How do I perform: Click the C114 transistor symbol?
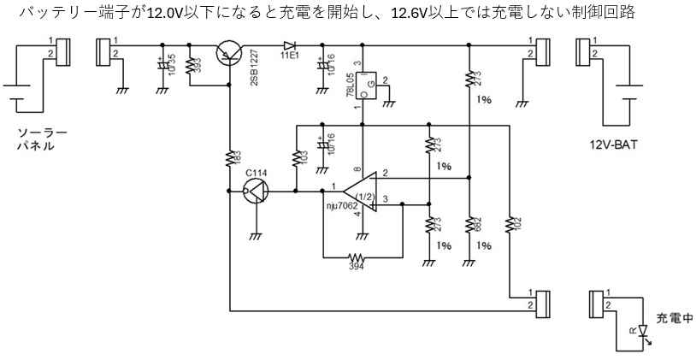255,192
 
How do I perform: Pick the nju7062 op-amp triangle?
358,192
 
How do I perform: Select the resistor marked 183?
229,158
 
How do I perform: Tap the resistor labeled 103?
295,158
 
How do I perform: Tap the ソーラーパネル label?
39,139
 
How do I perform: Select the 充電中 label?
675,316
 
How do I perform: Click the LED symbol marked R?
642,329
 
